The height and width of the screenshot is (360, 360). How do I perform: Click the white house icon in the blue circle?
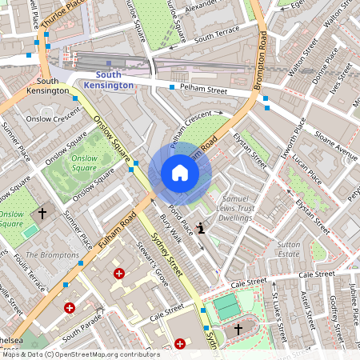click(x=180, y=173)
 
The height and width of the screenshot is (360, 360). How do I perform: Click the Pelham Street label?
click(x=206, y=83)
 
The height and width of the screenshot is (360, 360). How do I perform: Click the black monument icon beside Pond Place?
click(x=200, y=229)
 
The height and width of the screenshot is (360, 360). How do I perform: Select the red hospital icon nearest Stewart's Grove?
click(x=119, y=274)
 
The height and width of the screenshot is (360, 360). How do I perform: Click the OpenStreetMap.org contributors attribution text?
click(x=108, y=354)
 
